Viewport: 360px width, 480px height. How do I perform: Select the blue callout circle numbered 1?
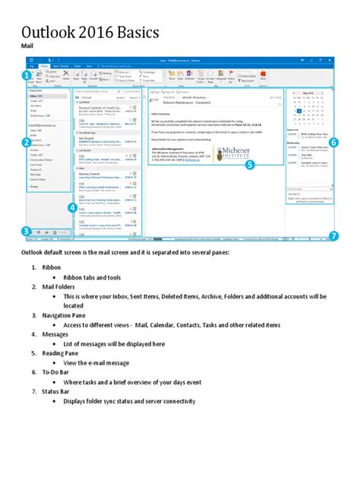click(27, 75)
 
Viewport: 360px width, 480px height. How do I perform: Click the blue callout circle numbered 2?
click(27, 142)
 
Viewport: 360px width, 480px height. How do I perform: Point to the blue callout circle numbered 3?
click(27, 231)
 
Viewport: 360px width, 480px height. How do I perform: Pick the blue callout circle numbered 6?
click(333, 142)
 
